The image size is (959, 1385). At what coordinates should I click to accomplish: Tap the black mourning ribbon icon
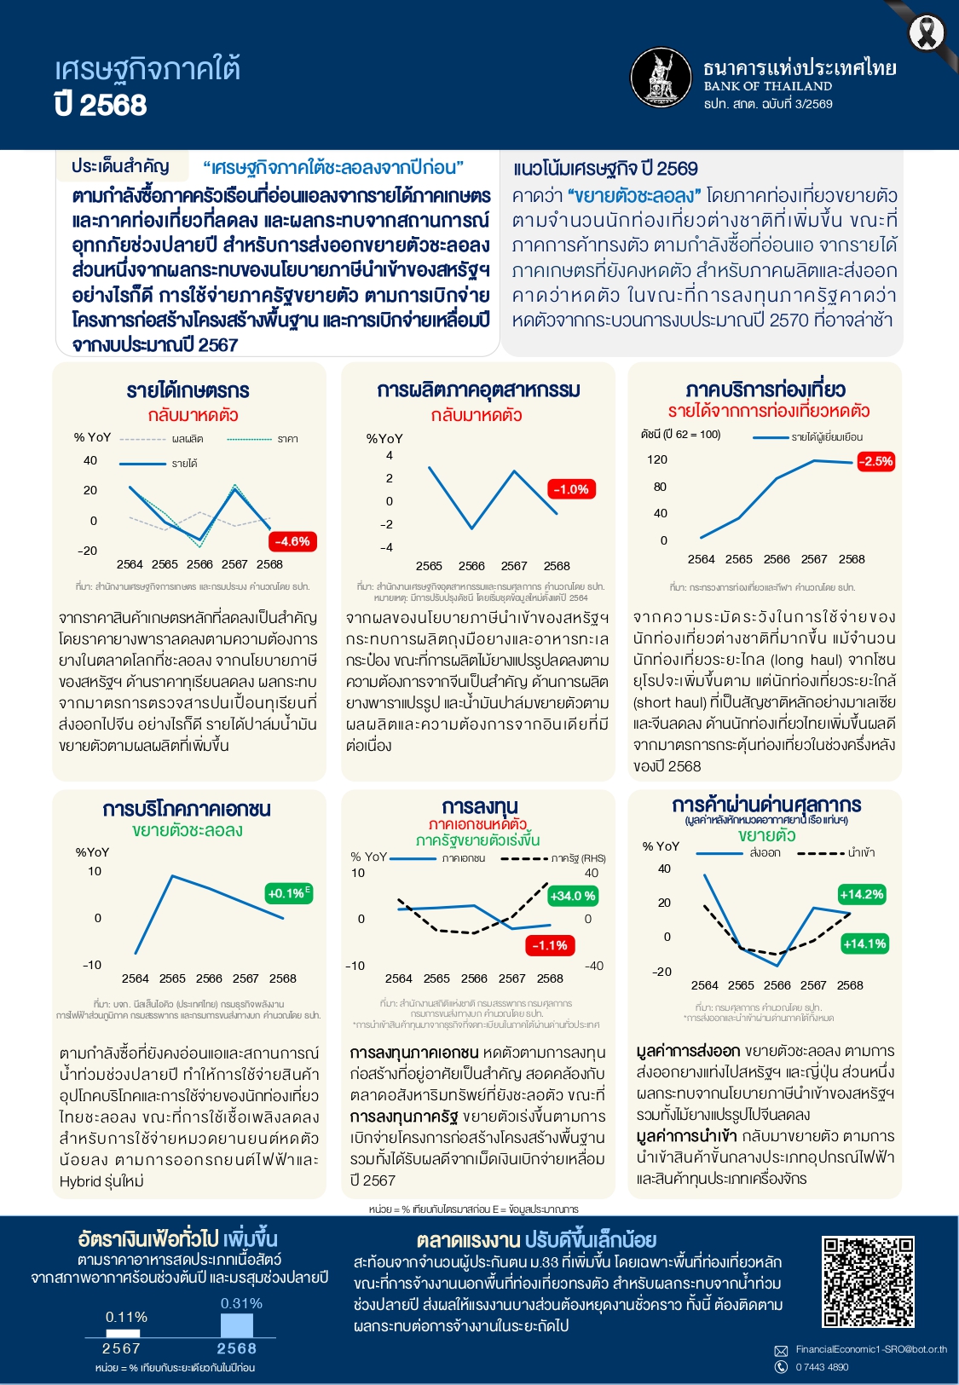point(926,33)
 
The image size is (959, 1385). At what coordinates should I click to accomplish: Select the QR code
point(868,1282)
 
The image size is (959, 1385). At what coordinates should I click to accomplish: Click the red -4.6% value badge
point(292,541)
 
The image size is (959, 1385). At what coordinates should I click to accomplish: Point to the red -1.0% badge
point(570,489)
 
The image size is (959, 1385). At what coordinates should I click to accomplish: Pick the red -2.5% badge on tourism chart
point(875,461)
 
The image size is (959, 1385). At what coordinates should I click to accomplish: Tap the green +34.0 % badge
point(573,896)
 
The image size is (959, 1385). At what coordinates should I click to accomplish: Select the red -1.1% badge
point(550,945)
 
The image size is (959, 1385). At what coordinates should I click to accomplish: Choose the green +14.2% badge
point(862,894)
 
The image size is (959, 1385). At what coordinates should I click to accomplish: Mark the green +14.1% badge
point(864,944)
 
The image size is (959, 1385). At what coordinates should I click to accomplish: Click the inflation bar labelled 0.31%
point(236,1325)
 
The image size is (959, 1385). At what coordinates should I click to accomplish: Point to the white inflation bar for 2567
point(122,1333)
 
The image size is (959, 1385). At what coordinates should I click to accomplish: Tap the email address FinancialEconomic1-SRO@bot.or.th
point(871,1349)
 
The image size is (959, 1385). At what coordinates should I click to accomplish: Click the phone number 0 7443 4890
point(822,1367)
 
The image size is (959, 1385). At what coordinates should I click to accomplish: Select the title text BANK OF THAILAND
point(767,86)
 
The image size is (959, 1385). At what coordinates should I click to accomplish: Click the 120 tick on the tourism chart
point(657,459)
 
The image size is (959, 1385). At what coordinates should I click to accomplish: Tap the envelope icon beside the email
point(780,1350)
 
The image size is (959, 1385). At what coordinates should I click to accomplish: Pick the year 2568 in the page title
point(113,105)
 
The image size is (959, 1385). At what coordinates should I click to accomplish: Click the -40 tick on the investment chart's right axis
point(593,966)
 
